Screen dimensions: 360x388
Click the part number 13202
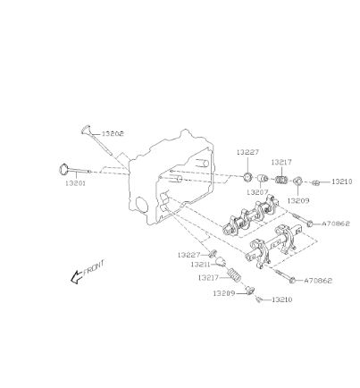pos(113,134)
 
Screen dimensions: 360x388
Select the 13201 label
pos(75,183)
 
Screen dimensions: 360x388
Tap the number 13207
pos(257,192)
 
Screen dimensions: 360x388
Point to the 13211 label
pos(200,265)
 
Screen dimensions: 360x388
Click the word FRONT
pos(94,268)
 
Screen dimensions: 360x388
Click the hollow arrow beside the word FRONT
pos(76,277)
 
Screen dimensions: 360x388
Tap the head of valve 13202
pos(86,130)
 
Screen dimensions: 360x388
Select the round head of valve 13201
pos(63,169)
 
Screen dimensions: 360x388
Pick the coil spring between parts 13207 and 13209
pos(280,180)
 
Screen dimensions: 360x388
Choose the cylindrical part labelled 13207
pos(263,179)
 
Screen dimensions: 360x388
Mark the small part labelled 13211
pos(221,261)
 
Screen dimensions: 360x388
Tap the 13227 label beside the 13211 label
pos(188,255)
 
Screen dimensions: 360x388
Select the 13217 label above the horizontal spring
pos(281,163)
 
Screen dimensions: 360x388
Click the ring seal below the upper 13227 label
pos(247,176)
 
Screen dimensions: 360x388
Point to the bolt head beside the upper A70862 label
pos(310,224)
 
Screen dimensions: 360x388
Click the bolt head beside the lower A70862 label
pos(293,280)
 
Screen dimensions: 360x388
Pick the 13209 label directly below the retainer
pos(298,200)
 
